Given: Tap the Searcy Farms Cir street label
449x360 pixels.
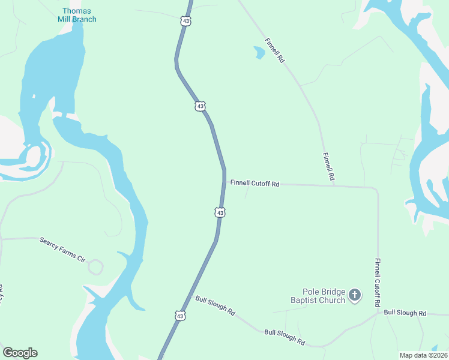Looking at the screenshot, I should pyautogui.click(x=62, y=250).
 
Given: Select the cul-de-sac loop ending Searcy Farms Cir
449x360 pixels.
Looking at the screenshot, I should pyautogui.click(x=95, y=267).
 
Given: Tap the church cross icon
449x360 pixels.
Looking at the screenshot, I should pyautogui.click(x=355, y=295).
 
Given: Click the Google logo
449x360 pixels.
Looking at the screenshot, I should pyautogui.click(x=20, y=353).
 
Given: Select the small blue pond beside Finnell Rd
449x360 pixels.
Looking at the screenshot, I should pyautogui.click(x=259, y=54).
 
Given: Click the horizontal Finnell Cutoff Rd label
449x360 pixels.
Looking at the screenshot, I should pyautogui.click(x=255, y=184).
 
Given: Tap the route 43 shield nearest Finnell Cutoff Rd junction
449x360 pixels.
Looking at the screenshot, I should pyautogui.click(x=220, y=212).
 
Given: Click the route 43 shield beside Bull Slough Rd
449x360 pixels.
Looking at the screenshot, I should pyautogui.click(x=181, y=314).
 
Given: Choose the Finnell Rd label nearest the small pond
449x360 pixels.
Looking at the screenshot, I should pyautogui.click(x=274, y=51).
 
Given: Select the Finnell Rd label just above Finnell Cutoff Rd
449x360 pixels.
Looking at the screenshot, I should pyautogui.click(x=328, y=167).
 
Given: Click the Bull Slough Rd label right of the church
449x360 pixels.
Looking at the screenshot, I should pyautogui.click(x=405, y=313).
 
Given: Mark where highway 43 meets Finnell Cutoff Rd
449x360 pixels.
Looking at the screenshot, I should pyautogui.click(x=224, y=182).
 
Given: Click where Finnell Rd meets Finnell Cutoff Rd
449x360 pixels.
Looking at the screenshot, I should pyautogui.click(x=334, y=185).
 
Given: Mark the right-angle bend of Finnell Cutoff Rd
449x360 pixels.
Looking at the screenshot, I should pyautogui.click(x=376, y=190).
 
